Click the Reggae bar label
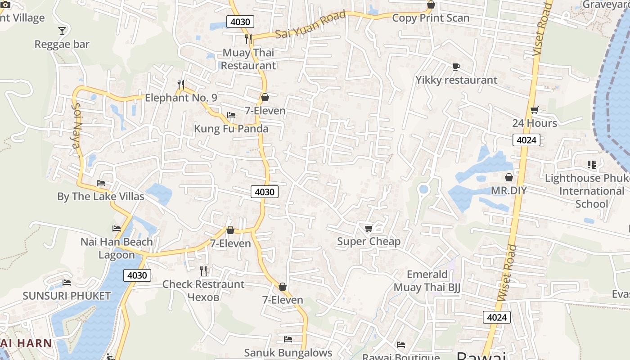[62, 44]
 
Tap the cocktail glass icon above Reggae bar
[62, 31]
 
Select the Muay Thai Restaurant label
[248, 59]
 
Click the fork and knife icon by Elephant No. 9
[181, 84]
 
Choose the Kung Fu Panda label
[231, 129]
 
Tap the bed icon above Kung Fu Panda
[231, 115]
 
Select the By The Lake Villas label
[101, 197]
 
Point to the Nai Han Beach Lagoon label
[117, 248]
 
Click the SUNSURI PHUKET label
[67, 296]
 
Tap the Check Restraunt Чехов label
[203, 291]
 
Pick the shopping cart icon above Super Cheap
[369, 229]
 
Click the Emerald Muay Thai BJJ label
[427, 281]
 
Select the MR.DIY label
[508, 190]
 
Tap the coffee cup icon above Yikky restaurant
[456, 67]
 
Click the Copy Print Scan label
[431, 18]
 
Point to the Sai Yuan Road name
[310, 25]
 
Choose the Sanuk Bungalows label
[288, 352]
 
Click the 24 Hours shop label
[535, 123]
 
